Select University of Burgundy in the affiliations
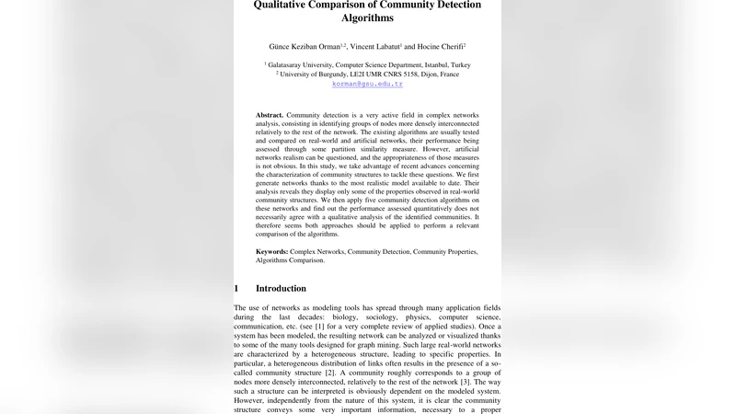coord(316,75)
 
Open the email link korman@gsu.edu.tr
coord(367,84)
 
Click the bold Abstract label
coord(270,115)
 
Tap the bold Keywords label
coord(272,251)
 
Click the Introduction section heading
coord(281,288)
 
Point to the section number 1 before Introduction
coord(236,288)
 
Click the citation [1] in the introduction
coord(319,327)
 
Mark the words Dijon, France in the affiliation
coord(437,75)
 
